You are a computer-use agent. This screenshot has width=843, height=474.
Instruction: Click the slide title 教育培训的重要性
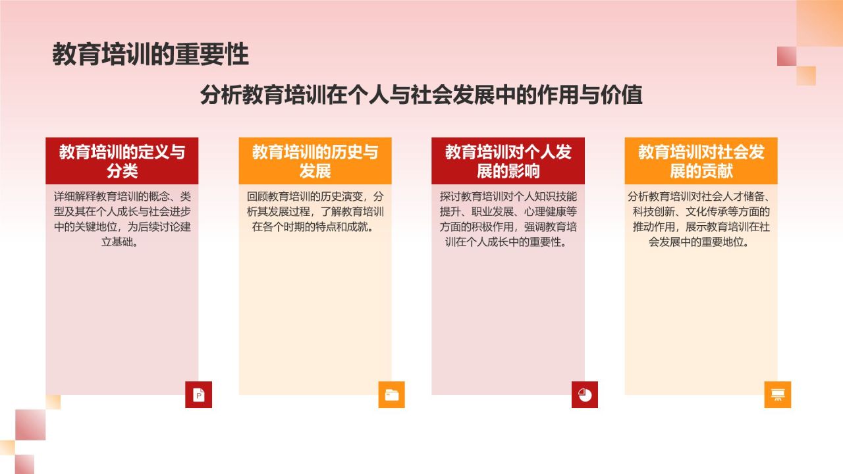(150, 55)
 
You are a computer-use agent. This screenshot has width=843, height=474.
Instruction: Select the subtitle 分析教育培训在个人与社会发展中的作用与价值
(421, 95)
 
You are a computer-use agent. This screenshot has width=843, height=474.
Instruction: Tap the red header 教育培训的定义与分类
(122, 161)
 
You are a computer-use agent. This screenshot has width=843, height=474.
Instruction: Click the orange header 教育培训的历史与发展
(315, 161)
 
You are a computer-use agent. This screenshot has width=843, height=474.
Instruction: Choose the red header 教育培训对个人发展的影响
(508, 161)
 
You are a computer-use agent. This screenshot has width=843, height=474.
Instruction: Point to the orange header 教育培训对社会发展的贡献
(701, 161)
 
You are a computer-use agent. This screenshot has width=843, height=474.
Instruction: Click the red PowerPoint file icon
(198, 395)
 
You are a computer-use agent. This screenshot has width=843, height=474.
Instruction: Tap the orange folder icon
(391, 395)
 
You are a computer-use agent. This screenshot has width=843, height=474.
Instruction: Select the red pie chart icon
(585, 395)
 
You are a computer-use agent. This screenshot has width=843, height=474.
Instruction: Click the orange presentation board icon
(778, 395)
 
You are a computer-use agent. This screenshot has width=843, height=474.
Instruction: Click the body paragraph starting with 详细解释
(122, 219)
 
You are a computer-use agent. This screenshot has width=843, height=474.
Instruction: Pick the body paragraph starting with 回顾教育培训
(315, 212)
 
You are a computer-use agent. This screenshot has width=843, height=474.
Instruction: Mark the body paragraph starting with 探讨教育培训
(508, 219)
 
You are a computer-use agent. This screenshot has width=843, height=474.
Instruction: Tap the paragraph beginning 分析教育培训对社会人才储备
(701, 219)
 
